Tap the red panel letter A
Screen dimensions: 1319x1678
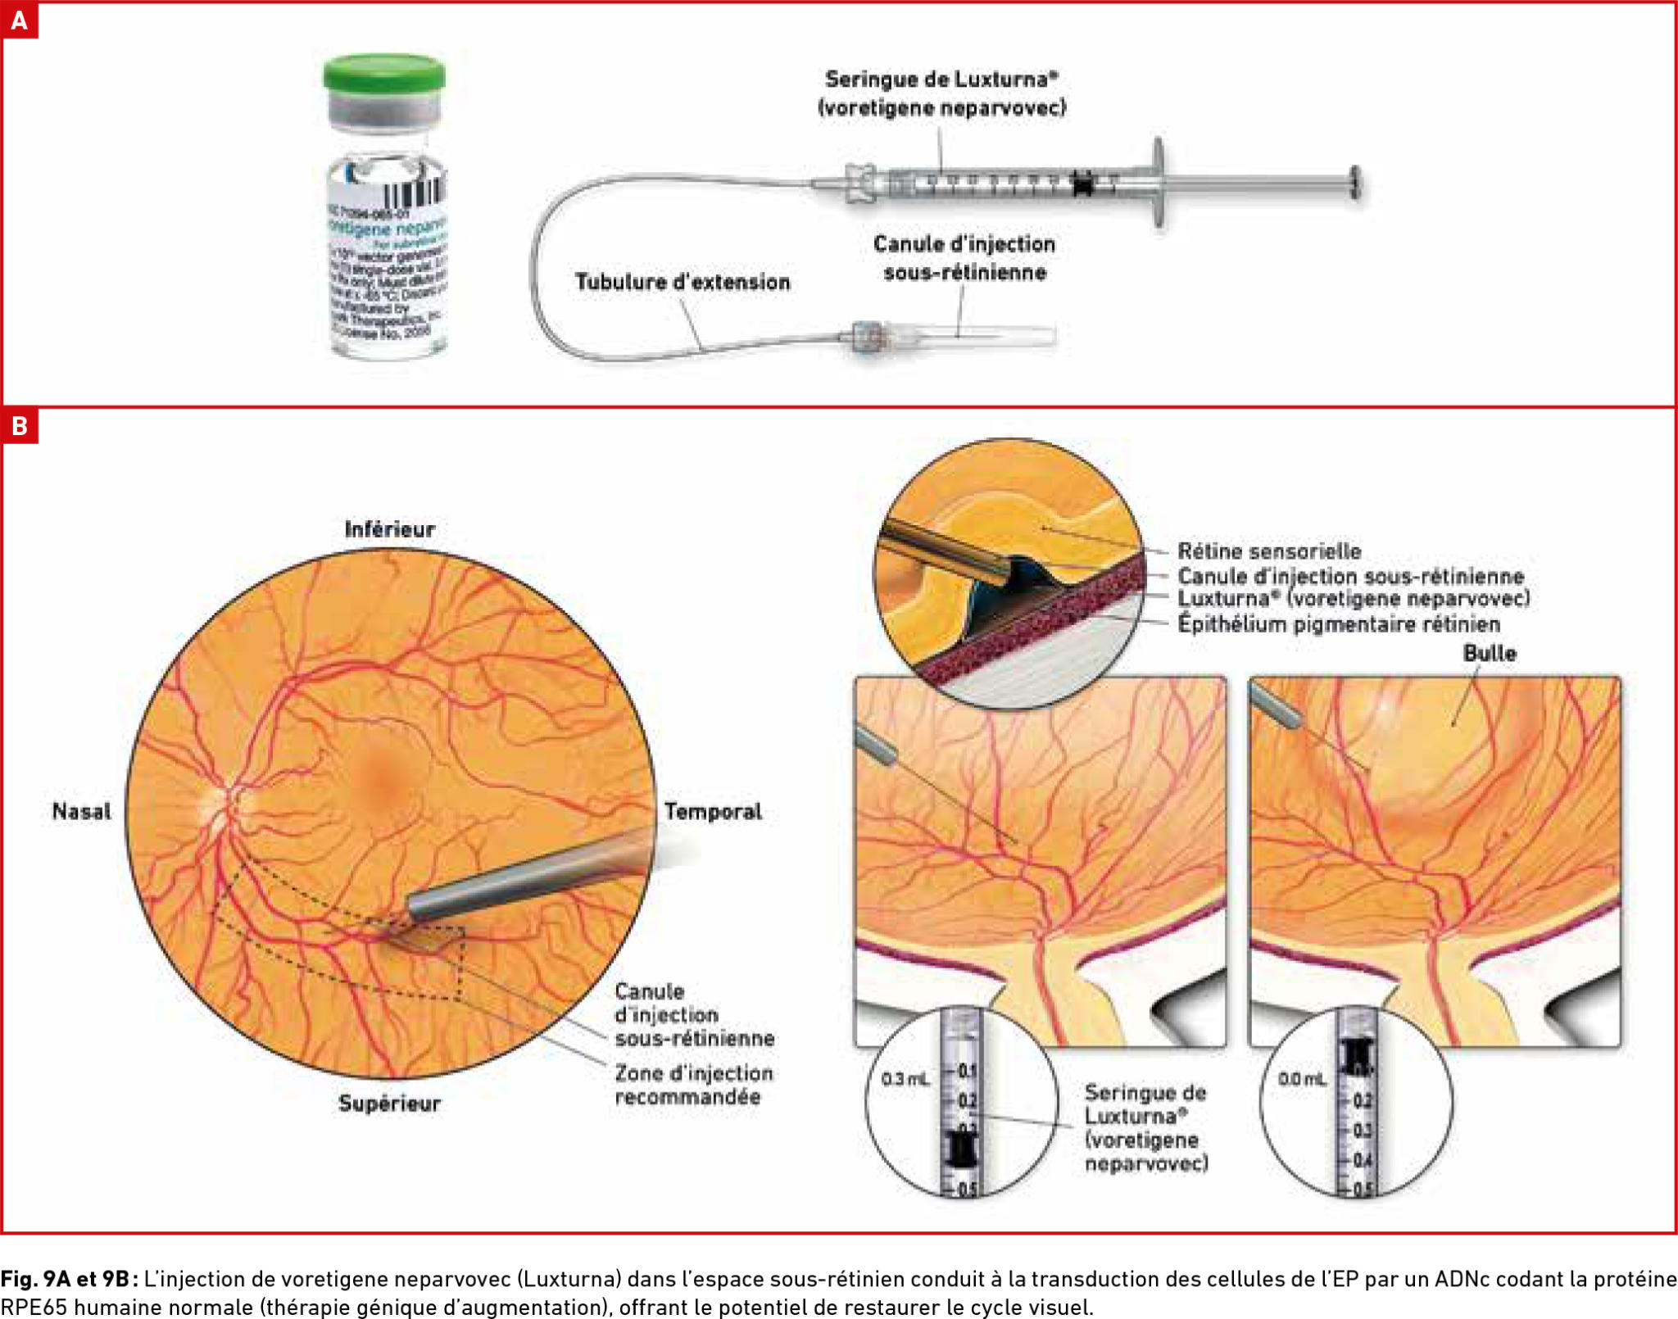pos(19,20)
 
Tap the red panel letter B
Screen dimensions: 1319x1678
pos(19,426)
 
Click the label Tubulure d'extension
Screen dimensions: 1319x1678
pos(683,282)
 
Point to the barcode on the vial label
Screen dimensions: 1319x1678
pos(414,193)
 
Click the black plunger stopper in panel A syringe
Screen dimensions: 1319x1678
pos(1083,184)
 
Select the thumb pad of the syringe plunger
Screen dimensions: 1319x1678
pos(1355,182)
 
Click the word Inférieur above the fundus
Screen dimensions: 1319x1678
pos(389,529)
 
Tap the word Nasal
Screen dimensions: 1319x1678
pos(81,812)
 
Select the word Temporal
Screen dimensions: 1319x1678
pos(713,812)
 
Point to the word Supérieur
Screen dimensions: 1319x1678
pos(389,1104)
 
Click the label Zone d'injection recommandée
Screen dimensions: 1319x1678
pos(693,1085)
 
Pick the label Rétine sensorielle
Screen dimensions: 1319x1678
pos(1269,551)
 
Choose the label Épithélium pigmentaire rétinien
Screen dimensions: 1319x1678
pos(1339,624)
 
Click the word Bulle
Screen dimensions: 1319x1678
pos(1489,654)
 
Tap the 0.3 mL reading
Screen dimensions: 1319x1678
pos(905,1079)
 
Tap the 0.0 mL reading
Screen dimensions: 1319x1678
pos(1302,1079)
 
